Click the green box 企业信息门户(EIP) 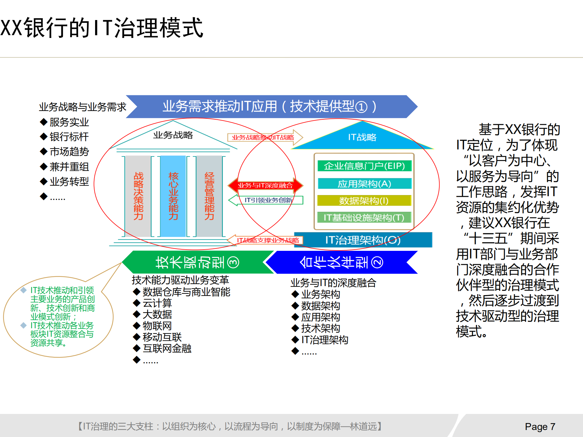tap(364, 166)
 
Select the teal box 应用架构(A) tap(364, 184)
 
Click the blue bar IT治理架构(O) tap(363, 240)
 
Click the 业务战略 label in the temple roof tap(173, 135)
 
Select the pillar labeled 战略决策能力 tap(138, 196)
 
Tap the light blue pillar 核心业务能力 tap(173, 196)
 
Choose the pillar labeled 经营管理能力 tap(209, 196)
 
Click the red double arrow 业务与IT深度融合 tap(265, 185)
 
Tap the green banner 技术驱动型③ tap(197, 262)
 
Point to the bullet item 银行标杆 tap(69, 137)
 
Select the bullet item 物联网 tap(157, 326)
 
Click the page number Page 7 tap(540, 427)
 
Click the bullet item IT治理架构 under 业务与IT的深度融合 tap(324, 340)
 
